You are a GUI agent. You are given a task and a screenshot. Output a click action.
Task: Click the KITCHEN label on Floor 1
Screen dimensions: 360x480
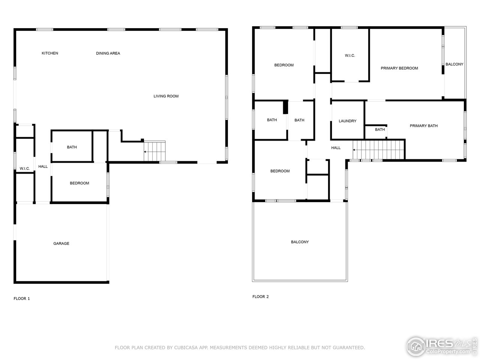pos(49,53)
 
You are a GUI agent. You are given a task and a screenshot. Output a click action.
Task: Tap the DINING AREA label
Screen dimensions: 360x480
pos(108,53)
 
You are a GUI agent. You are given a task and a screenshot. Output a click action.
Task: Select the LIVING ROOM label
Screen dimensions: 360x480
pos(166,96)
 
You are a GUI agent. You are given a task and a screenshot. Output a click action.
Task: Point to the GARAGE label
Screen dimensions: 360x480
pos(61,243)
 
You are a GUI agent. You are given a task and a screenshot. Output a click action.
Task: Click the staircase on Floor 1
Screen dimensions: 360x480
pos(155,151)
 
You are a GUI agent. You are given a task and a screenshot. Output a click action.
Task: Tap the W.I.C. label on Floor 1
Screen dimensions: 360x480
pos(25,169)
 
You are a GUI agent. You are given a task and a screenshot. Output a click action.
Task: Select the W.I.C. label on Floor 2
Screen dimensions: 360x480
pos(349,55)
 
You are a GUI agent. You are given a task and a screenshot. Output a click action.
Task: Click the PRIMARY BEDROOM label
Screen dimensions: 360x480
pos(399,68)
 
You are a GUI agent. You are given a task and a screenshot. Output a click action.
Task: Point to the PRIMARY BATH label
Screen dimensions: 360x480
pos(423,126)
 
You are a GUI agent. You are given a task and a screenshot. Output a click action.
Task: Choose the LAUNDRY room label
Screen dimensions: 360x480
pos(347,121)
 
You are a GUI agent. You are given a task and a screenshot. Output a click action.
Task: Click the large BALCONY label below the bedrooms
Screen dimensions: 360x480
pos(300,242)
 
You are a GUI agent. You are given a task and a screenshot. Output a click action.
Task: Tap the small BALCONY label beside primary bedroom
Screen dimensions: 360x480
pos(454,64)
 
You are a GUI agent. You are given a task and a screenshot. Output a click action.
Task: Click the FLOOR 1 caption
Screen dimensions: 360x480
pos(22,298)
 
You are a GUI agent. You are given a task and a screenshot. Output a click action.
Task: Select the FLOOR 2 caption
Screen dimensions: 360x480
pos(260,297)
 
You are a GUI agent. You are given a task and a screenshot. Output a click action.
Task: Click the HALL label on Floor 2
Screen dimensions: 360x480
pos(336,148)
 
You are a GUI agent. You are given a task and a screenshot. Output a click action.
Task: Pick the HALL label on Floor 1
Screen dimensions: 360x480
pos(43,166)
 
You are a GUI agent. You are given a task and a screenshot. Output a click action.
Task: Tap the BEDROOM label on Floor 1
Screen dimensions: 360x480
pos(79,183)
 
